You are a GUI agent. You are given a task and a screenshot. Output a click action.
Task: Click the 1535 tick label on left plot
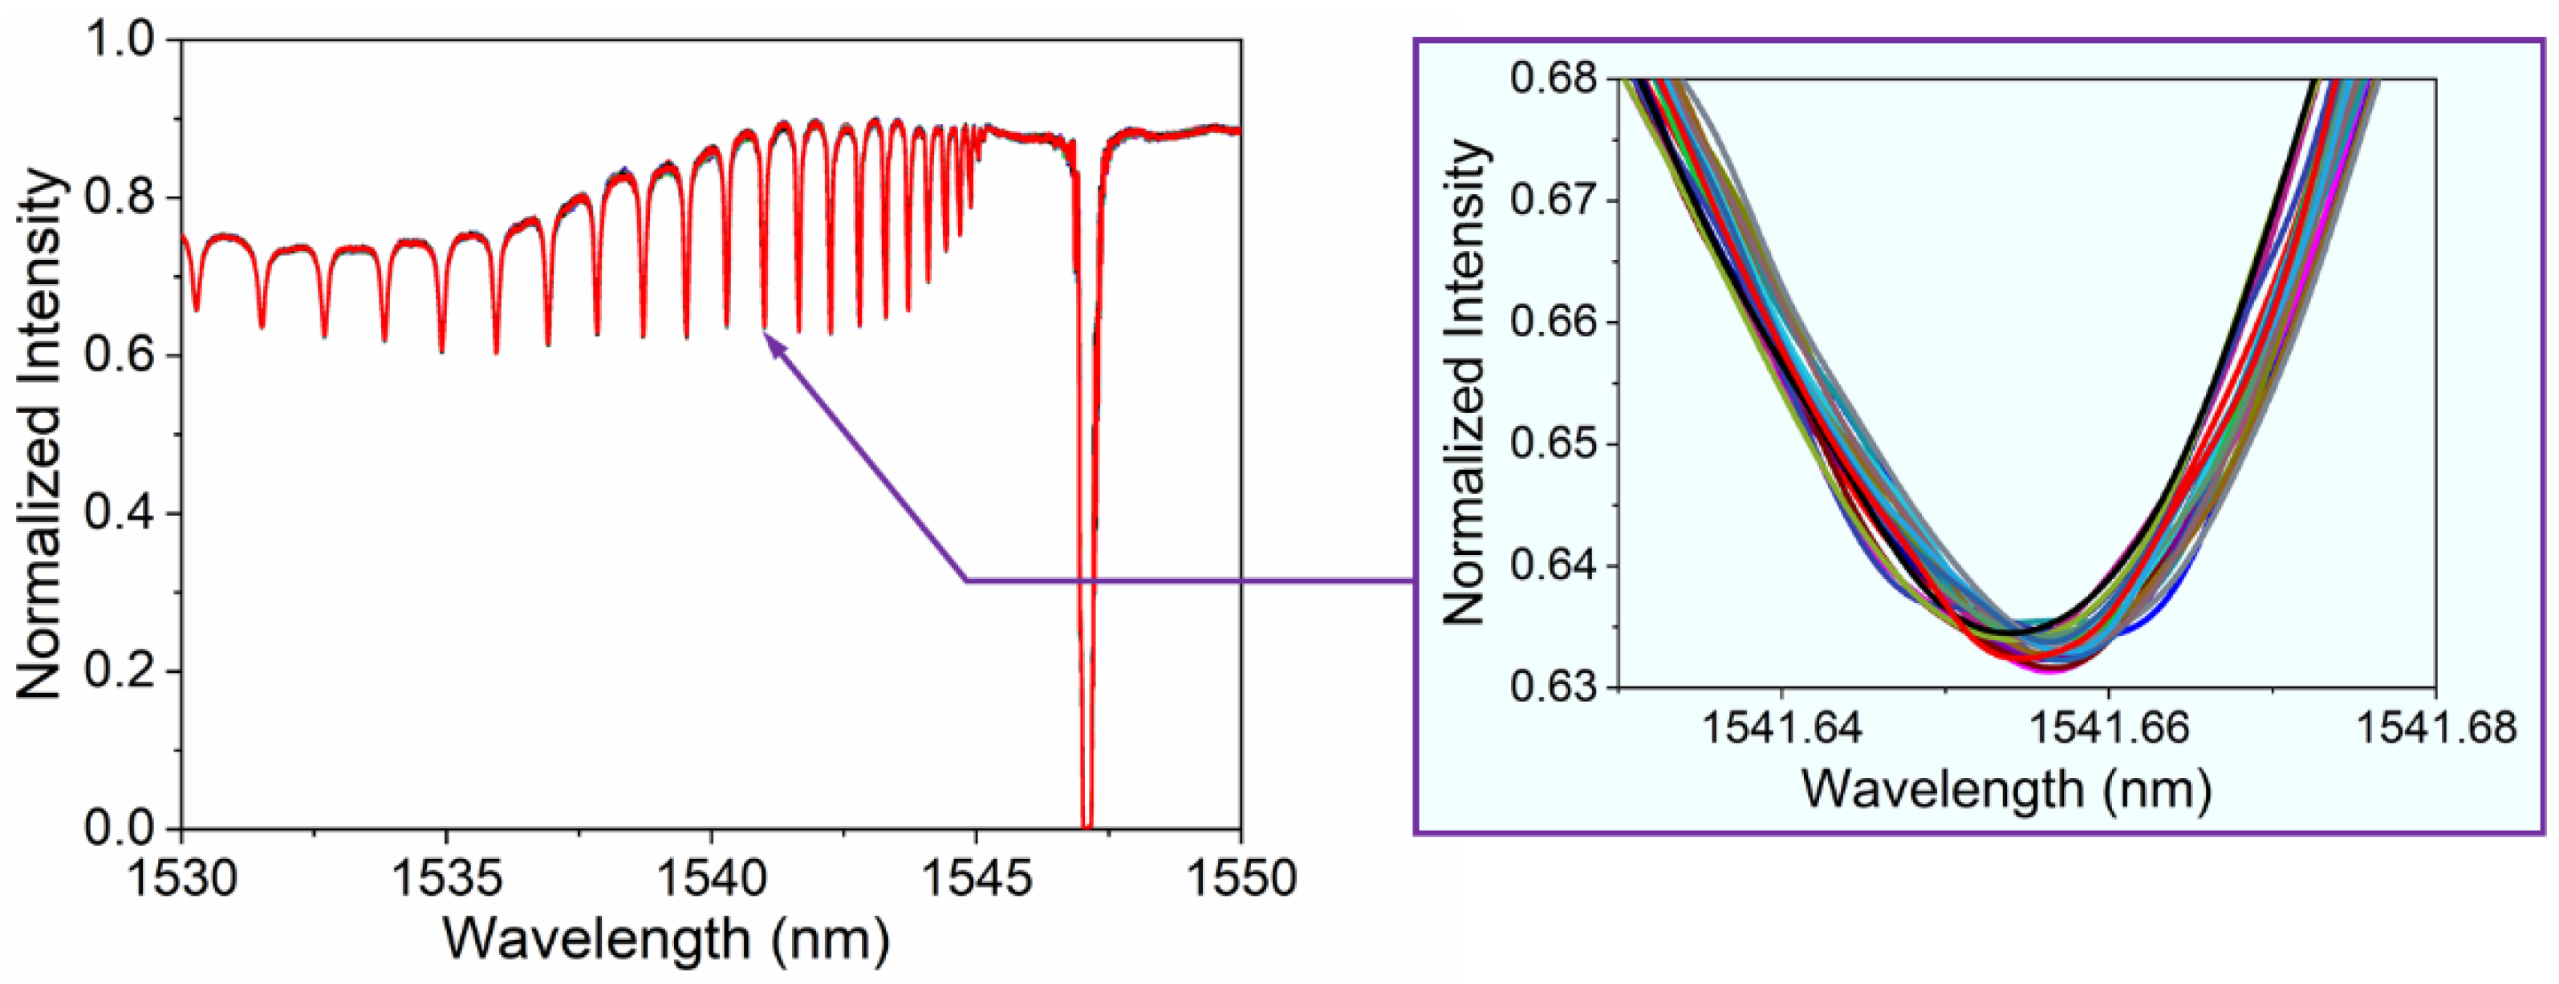coord(446,878)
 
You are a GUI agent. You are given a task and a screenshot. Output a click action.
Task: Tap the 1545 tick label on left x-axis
coord(976,878)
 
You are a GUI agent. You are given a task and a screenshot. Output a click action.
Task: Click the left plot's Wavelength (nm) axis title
coord(665,938)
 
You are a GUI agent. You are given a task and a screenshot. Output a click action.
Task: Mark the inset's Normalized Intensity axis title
coord(1464,383)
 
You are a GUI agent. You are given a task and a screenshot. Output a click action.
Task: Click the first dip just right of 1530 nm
coord(197,309)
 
